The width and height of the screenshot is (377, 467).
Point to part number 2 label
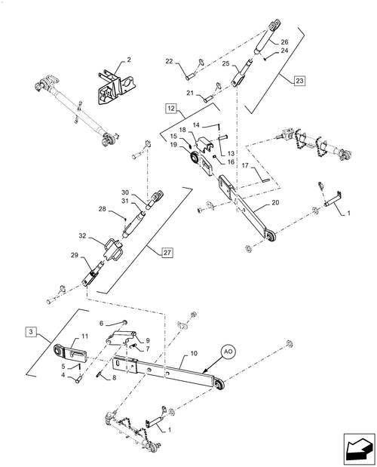(x=128, y=59)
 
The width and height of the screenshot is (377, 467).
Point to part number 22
(x=169, y=62)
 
